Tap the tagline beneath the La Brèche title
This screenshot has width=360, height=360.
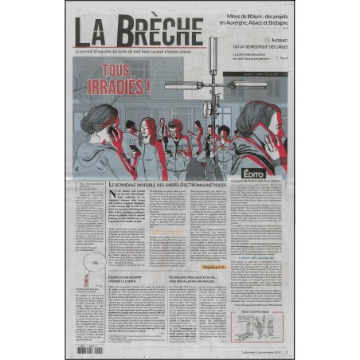(x=137, y=52)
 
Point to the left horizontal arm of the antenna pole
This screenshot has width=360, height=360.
(x=186, y=84)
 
